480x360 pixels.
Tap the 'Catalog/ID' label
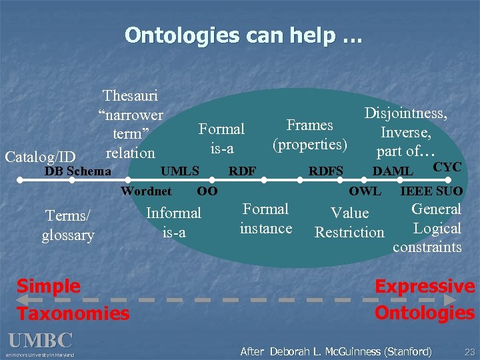tap(39, 157)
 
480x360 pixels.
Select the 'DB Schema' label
tap(77, 171)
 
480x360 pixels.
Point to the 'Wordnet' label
tap(146, 191)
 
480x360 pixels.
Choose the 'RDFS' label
tap(325, 171)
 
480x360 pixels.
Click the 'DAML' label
tap(391, 171)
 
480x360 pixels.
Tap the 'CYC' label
tap(447, 167)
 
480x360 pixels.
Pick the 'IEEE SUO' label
tap(431, 191)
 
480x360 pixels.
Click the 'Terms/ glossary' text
tap(68, 225)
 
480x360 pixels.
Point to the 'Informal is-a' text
tap(173, 222)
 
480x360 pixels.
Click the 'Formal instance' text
tap(265, 219)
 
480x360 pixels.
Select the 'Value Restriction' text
tap(349, 223)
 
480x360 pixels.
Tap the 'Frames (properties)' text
tap(309, 135)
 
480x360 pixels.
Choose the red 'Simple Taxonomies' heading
tap(72, 299)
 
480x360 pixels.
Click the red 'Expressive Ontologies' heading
tap(425, 299)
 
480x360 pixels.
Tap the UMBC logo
tap(40, 343)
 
